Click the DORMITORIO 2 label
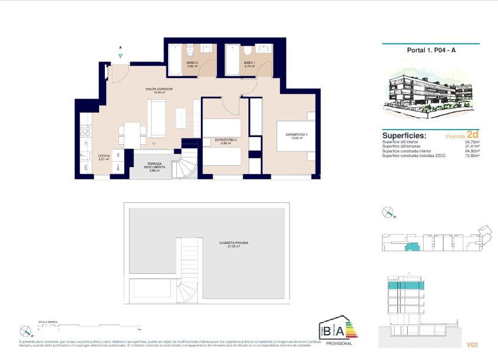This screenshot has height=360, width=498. pos(225,141)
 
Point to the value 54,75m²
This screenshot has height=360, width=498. pos(472,142)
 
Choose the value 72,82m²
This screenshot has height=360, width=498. pos(472,155)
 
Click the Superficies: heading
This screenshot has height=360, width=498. pos(404,135)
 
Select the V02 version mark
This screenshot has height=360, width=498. pos(473,345)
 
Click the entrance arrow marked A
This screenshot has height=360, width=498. pos(120,54)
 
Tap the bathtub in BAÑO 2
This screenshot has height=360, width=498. pos(176,61)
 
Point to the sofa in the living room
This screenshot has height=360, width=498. pos(156,118)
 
